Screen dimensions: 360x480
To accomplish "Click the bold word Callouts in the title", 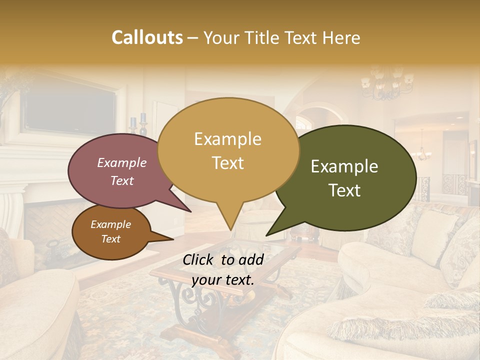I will tap(147, 37).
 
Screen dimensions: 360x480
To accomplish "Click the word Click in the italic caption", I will tap(199, 259).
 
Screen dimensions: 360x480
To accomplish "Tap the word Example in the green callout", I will tap(344, 166).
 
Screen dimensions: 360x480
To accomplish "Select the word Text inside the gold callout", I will tap(227, 163).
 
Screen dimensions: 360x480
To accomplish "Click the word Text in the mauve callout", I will tap(122, 181).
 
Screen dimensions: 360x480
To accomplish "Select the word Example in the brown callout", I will tap(110, 224).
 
